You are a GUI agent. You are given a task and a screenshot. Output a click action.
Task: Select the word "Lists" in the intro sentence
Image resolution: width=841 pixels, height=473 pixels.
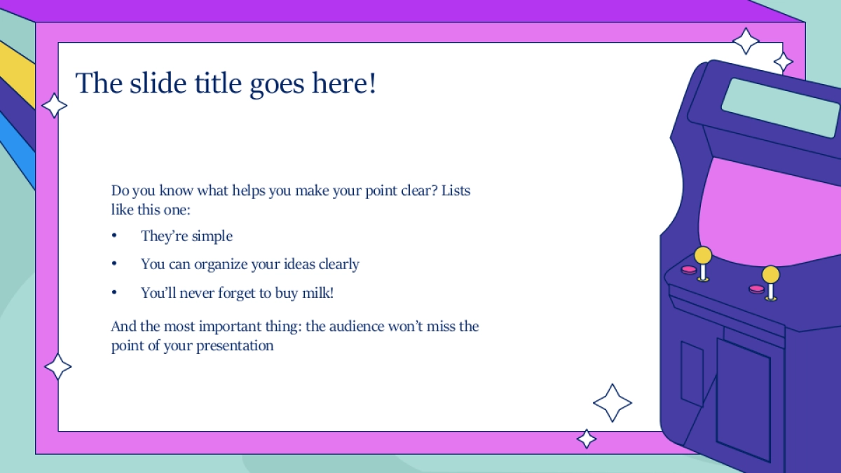(456, 191)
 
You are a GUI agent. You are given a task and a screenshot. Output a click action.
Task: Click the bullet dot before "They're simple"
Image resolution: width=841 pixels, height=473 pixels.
(114, 235)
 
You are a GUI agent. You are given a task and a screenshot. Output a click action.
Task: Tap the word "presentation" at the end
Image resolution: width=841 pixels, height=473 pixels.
(235, 345)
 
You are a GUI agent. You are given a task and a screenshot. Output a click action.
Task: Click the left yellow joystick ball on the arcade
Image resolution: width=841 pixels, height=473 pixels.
(703, 256)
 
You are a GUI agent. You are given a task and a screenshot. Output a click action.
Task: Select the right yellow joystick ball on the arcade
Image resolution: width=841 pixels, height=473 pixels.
(770, 275)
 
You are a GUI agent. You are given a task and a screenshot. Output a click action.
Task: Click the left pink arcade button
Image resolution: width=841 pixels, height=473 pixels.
(689, 270)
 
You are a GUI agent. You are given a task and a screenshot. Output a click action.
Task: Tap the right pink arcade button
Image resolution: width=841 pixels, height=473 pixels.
(756, 289)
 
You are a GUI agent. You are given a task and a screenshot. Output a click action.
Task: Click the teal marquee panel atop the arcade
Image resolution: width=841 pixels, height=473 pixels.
(781, 107)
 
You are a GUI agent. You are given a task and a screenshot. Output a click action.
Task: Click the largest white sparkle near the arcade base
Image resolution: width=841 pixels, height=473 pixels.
(613, 403)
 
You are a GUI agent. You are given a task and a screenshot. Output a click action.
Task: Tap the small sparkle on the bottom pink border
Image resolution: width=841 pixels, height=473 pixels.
(587, 439)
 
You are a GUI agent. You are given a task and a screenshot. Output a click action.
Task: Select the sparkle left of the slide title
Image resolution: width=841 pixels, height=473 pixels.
(55, 106)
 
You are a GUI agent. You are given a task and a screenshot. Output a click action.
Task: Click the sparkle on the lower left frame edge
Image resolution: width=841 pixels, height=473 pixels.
(57, 366)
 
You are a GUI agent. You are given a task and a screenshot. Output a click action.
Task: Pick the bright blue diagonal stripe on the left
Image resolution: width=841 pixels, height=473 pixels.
(18, 149)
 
